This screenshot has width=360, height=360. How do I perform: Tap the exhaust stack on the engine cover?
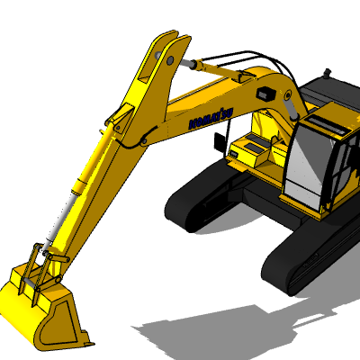327,74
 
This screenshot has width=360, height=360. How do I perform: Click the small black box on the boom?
265,93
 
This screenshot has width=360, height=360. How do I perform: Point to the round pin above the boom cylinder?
288,94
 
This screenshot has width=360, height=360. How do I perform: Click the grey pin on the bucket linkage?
29,282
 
